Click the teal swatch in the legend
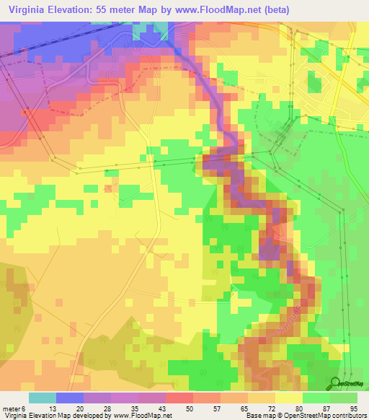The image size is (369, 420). [43, 398]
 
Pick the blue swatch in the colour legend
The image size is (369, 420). [70, 398]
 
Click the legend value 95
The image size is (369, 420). [353, 409]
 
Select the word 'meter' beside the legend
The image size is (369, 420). [12, 409]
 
